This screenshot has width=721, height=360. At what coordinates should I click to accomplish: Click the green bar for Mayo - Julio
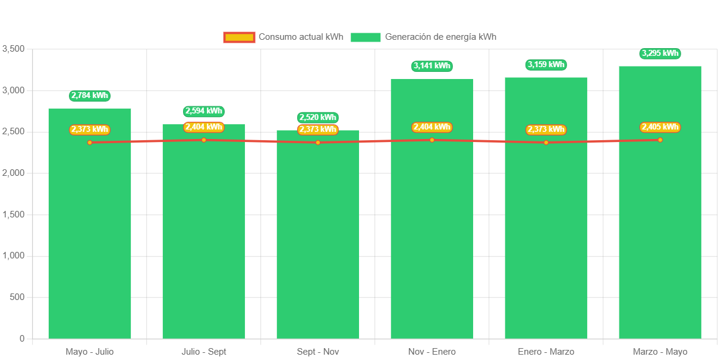coord(89,238)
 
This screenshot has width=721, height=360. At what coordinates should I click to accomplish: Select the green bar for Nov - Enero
coord(432,238)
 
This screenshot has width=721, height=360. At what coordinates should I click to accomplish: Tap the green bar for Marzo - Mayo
coord(660,238)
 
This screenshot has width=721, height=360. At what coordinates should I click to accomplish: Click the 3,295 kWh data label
coord(660,53)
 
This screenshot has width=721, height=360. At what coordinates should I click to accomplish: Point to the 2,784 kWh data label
coord(89,96)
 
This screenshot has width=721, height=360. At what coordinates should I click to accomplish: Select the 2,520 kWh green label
coord(317,118)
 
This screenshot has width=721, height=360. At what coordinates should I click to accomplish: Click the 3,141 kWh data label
coord(432,66)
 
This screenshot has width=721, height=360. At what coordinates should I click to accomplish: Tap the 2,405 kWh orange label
coord(660,127)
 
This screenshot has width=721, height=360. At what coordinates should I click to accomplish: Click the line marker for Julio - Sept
coord(203,140)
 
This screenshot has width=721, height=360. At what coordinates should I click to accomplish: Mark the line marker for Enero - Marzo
coord(546,143)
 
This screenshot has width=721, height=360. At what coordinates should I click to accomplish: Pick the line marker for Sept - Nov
coord(317,143)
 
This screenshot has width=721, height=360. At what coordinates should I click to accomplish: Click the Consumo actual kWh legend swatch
coord(239,37)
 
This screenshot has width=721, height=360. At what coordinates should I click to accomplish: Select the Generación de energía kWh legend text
coord(440,37)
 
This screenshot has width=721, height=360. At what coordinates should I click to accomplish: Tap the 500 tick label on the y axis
coord(17,297)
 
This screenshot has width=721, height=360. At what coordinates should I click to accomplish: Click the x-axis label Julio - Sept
coord(203,352)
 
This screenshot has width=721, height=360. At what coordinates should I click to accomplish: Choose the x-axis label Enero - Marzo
coord(546,352)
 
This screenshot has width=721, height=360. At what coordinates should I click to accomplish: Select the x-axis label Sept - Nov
coord(317,352)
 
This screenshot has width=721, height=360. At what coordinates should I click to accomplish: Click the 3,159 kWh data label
coord(546,65)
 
